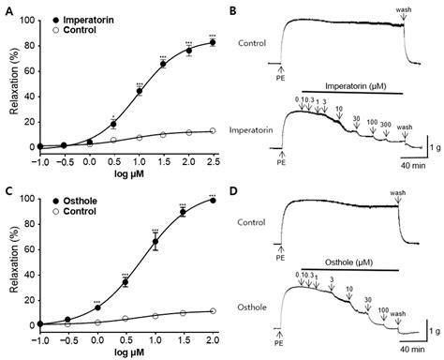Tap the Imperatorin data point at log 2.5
(215, 42)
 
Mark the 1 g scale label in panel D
(432, 331)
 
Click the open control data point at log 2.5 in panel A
(215, 131)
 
